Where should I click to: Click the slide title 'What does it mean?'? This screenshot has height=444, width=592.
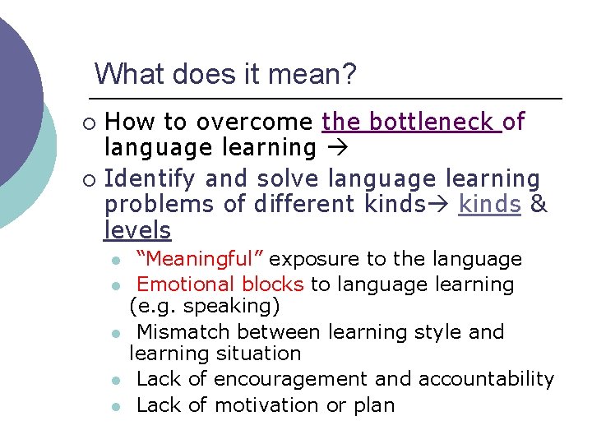pos(225,75)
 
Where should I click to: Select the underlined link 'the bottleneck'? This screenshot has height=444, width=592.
pos(409,123)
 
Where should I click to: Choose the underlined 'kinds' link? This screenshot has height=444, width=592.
pos(489,205)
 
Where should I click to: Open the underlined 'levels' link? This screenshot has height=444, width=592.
pos(137,231)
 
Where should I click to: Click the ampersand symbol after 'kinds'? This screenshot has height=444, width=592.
pos(539,205)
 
